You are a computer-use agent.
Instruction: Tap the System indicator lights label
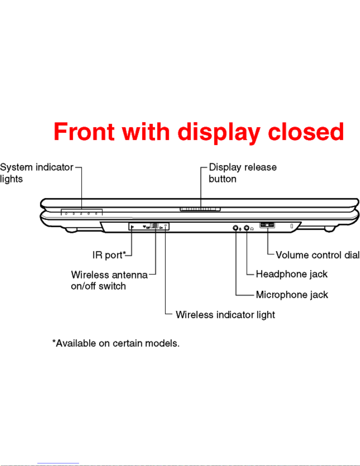[37, 173]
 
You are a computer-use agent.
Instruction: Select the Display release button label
[243, 173]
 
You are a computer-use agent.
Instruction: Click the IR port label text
[109, 255]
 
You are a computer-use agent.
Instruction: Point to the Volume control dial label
[318, 255]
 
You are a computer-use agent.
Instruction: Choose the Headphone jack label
[292, 274]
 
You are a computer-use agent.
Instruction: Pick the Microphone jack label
[292, 295]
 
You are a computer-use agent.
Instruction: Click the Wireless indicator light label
[225, 315]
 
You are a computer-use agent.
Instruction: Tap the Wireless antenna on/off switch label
[109, 280]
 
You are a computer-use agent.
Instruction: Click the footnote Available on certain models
[116, 343]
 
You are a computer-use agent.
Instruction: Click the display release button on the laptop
[200, 209]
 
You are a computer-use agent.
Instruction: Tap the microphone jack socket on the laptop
[235, 228]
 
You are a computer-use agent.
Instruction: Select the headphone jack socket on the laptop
[247, 228]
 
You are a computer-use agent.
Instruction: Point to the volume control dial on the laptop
[267, 225]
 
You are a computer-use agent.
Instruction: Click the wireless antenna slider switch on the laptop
[155, 226]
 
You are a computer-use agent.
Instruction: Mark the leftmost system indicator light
[66, 214]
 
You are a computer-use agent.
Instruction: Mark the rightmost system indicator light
[96, 214]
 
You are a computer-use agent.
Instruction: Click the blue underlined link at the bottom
[58, 463]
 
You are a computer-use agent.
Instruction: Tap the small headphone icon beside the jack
[252, 229]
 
